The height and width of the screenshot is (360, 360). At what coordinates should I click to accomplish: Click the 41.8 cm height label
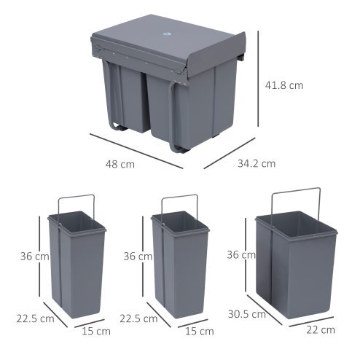(x=283, y=85)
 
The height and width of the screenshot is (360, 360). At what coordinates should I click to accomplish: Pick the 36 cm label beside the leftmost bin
(x=34, y=256)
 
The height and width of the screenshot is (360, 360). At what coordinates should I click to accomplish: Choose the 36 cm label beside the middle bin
(x=138, y=256)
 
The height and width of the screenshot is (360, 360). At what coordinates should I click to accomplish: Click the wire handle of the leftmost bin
(x=75, y=195)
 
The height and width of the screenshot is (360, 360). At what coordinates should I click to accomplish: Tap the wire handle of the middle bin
(x=179, y=195)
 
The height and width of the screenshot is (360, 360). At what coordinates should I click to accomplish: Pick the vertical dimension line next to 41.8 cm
(x=258, y=85)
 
